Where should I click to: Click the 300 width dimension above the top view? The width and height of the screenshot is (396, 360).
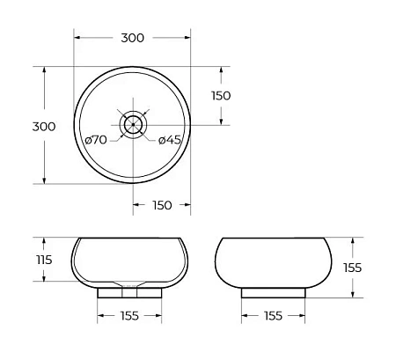tap(132, 38)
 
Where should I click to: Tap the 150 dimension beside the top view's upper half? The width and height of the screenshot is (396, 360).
tap(220, 96)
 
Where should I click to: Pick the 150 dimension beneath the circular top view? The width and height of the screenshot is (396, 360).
tap(162, 205)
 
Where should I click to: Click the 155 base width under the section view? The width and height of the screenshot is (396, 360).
tap(130, 315)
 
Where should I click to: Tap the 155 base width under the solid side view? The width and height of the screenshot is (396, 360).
tap(274, 315)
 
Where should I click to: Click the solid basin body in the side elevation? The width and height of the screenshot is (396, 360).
tap(274, 261)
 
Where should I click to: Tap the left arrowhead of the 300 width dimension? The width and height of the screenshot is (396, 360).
tap(77, 39)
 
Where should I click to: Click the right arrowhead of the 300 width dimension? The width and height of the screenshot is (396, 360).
tap(188, 39)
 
